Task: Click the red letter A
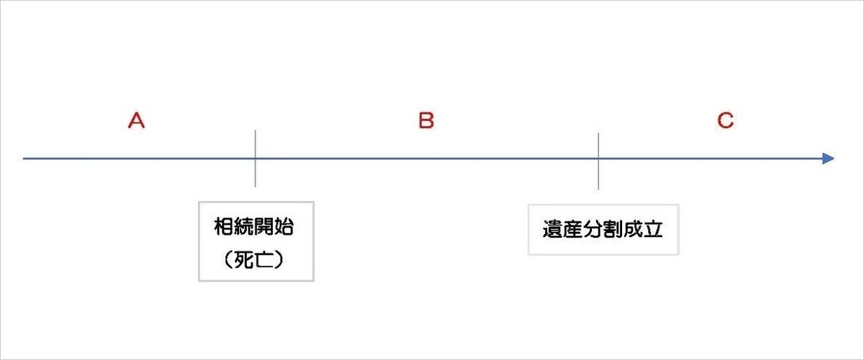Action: click(x=136, y=120)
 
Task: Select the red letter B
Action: click(x=426, y=120)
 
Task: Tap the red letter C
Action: click(x=725, y=120)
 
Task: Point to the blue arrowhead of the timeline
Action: click(x=828, y=158)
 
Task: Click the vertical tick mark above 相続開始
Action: click(x=255, y=158)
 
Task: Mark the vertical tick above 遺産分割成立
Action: click(x=598, y=161)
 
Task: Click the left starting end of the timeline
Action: click(x=23, y=158)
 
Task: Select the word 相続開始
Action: click(x=253, y=227)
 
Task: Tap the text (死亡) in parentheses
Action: click(x=253, y=260)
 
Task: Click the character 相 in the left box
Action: click(x=224, y=227)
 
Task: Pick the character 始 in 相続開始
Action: click(x=284, y=227)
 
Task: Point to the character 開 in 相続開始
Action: click(x=264, y=227)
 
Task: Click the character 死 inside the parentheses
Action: click(x=244, y=260)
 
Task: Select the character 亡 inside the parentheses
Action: click(x=264, y=260)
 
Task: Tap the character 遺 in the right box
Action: click(x=553, y=230)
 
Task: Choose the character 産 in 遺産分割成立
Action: click(x=573, y=230)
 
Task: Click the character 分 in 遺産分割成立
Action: click(x=593, y=230)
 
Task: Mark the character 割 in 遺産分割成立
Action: click(x=613, y=230)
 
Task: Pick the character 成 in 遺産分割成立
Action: click(x=633, y=230)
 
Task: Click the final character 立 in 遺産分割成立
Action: click(x=653, y=230)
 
